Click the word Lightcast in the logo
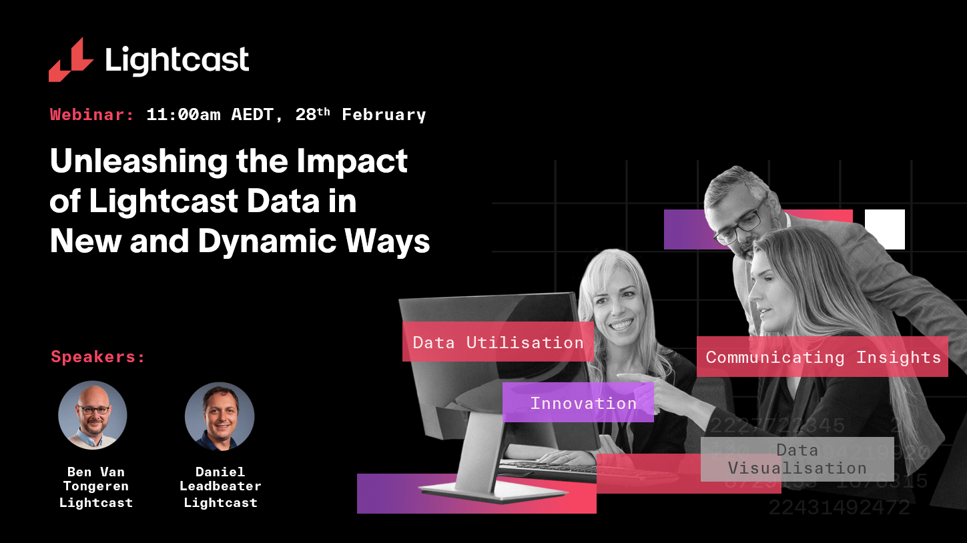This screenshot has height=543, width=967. point(177,61)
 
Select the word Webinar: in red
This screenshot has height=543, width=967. point(92,115)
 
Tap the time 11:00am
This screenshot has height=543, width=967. point(184,115)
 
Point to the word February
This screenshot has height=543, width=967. point(384,115)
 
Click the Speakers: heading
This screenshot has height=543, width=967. point(98,357)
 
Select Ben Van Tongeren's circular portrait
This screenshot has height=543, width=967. point(93,416)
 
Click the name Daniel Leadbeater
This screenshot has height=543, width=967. point(220,479)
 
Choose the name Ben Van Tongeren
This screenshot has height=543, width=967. point(96,479)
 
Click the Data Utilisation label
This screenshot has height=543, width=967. point(498,342)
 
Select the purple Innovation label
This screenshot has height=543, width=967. point(578,403)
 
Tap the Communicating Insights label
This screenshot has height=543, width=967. point(822,357)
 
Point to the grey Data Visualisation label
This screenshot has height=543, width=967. point(797,459)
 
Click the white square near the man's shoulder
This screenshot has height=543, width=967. point(885,229)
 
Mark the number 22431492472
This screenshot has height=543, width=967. point(839,508)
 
